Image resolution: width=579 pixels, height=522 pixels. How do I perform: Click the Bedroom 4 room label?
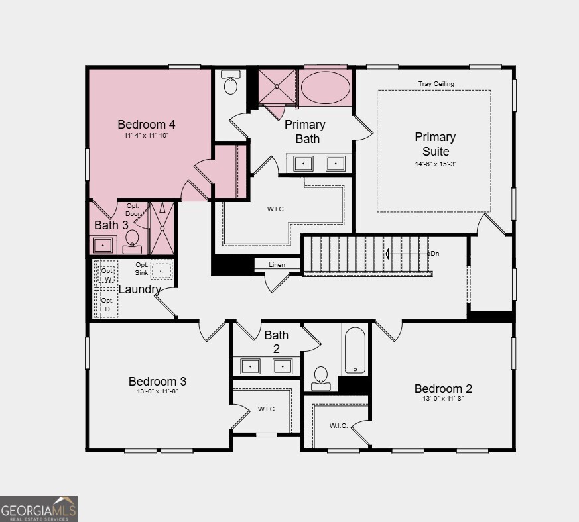[x=146, y=124]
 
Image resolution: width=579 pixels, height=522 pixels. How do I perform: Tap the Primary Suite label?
[x=435, y=144]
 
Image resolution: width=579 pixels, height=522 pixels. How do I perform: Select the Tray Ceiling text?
[x=436, y=84]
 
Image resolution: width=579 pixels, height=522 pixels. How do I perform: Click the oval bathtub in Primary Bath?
[x=325, y=87]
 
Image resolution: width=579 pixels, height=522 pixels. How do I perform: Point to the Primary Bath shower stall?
[x=277, y=86]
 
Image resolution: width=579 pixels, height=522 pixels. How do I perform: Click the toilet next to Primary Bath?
[x=231, y=83]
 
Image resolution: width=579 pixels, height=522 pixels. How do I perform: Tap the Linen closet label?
[x=277, y=265]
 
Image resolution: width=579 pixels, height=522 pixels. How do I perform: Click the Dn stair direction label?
[x=434, y=254]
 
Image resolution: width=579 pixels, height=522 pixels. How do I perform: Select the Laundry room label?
[x=139, y=289]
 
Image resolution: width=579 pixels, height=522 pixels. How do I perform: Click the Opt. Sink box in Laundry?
[x=161, y=270]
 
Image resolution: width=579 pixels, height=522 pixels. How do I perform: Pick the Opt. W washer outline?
[x=107, y=274]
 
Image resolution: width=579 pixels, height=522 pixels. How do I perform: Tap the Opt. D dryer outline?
[x=107, y=305]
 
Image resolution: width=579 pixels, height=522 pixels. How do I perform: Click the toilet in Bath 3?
[x=132, y=240]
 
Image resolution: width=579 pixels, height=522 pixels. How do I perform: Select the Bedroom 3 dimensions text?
[x=157, y=391]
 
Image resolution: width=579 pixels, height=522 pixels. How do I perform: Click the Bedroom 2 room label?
[x=443, y=388]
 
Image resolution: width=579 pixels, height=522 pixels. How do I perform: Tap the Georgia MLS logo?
[x=38, y=509]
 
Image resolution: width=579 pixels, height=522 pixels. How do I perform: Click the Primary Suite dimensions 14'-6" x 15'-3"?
[x=435, y=164]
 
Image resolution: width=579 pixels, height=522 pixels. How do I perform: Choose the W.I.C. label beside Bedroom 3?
[x=267, y=409]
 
